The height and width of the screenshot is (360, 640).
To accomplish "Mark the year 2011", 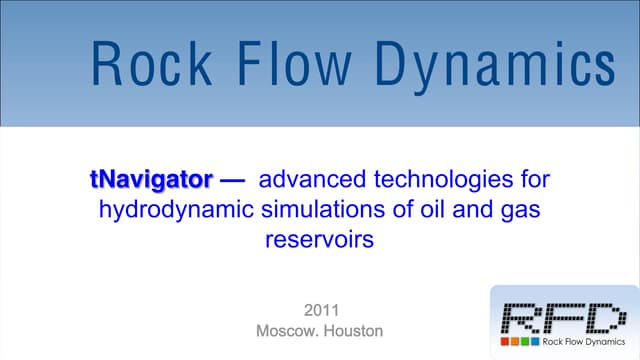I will [x=319, y=309].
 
